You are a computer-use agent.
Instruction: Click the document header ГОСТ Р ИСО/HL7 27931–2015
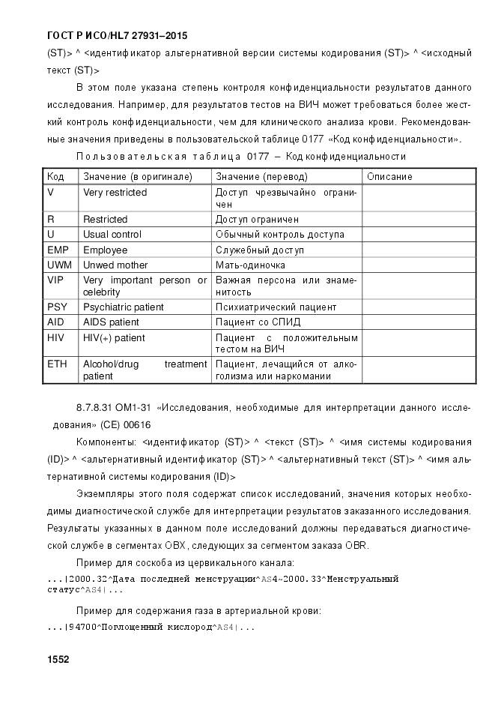click(x=117, y=35)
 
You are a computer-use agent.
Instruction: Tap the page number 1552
click(x=58, y=660)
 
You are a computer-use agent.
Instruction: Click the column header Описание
click(x=389, y=177)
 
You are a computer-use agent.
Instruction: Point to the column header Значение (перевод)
click(x=261, y=177)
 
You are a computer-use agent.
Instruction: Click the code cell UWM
click(x=60, y=265)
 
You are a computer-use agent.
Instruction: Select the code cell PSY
click(x=57, y=307)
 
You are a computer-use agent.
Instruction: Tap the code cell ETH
click(x=57, y=364)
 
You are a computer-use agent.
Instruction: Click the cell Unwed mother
click(x=115, y=265)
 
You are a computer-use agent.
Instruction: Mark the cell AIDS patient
click(x=111, y=322)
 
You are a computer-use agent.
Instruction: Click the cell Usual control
click(x=112, y=234)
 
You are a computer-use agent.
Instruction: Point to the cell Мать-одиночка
click(x=250, y=265)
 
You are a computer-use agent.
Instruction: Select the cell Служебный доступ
click(x=261, y=250)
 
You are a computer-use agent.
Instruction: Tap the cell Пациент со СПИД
click(x=258, y=322)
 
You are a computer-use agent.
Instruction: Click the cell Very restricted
click(x=115, y=193)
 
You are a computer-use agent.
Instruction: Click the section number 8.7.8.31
click(x=94, y=408)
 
